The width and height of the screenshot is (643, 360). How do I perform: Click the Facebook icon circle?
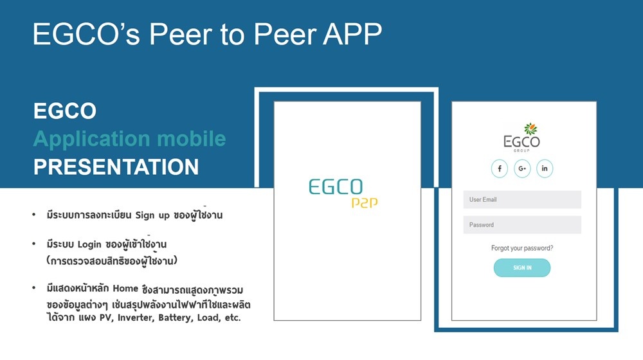pos(500,168)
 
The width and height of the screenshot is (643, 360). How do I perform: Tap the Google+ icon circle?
pos(522,168)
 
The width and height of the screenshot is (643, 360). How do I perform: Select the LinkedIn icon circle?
pos(545,168)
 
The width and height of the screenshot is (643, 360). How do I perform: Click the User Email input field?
pos(522,200)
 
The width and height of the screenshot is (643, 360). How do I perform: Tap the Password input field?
pos(522,225)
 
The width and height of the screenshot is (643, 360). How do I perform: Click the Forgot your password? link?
pos(522,248)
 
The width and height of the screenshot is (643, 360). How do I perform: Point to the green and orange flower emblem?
pos(530,129)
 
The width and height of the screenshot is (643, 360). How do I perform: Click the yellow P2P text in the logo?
pos(365,203)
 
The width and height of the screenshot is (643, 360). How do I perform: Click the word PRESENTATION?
pos(116,167)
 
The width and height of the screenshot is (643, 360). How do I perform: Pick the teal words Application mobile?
pos(130,139)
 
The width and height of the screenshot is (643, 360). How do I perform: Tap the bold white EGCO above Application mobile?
pos(65,111)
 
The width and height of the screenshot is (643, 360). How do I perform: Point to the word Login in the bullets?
pos(89,245)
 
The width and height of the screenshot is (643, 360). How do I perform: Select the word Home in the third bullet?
pos(125,288)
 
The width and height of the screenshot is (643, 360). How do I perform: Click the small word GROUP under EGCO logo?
pos(521,150)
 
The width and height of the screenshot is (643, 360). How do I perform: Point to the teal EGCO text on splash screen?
pos(336,187)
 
